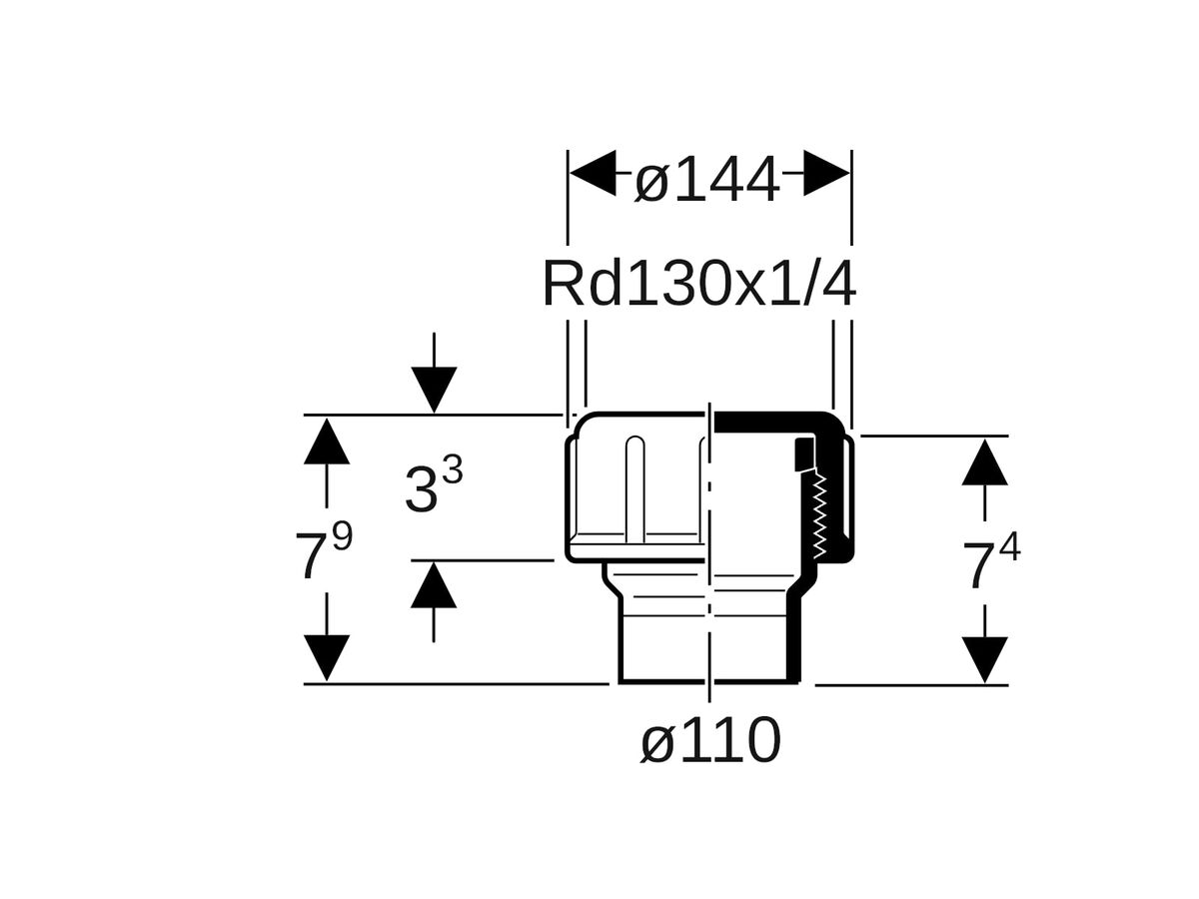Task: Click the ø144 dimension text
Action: coord(707,183)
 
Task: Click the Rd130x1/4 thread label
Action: coord(698,285)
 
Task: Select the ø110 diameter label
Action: coord(710,742)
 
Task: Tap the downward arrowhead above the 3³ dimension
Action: coord(433,390)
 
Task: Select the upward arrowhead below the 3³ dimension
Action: coord(433,585)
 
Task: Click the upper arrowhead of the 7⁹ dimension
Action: coord(327,442)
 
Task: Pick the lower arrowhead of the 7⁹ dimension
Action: coord(327,657)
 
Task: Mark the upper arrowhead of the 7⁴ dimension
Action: coord(985,462)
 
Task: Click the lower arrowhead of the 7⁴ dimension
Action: coord(985,659)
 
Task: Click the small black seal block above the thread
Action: coord(803,455)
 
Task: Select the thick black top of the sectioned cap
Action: coord(769,424)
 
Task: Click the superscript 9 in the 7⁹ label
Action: coord(343,537)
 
